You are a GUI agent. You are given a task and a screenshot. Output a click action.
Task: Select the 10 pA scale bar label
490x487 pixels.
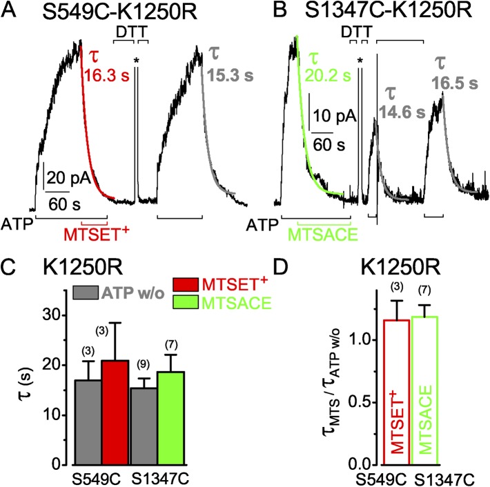point(333,115)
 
